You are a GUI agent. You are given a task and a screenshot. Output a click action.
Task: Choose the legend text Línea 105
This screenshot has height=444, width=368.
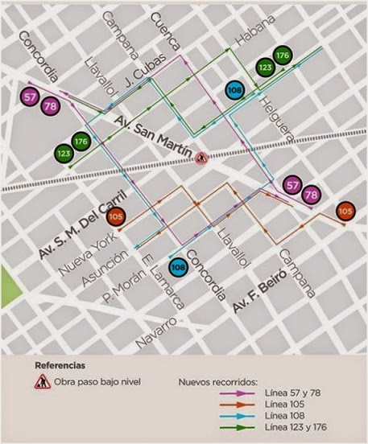tap(285, 402)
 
